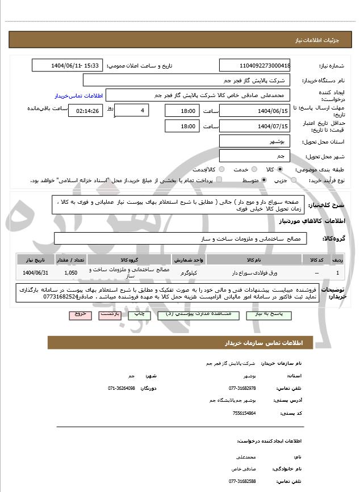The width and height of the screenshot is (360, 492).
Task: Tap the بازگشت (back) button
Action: click(x=111, y=314)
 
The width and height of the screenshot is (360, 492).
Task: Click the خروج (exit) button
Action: click(x=79, y=314)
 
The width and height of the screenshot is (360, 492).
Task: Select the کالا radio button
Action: click(x=280, y=170)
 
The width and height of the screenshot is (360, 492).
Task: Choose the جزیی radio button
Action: click(x=294, y=180)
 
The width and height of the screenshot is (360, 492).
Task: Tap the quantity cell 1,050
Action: click(x=71, y=273)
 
